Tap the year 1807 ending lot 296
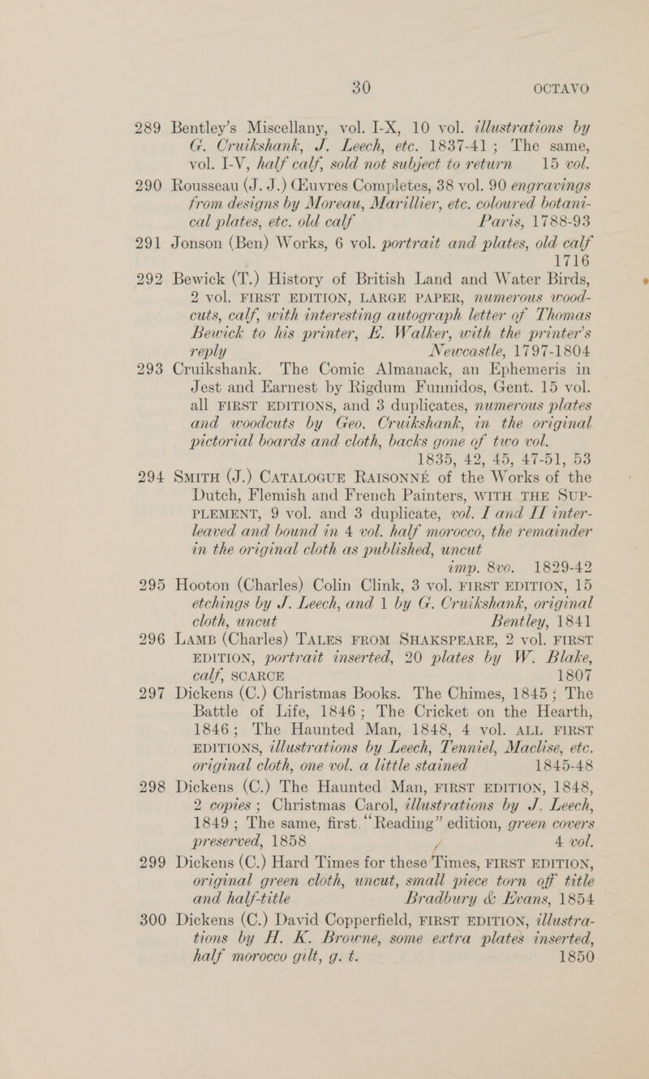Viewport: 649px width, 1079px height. click(605, 769)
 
